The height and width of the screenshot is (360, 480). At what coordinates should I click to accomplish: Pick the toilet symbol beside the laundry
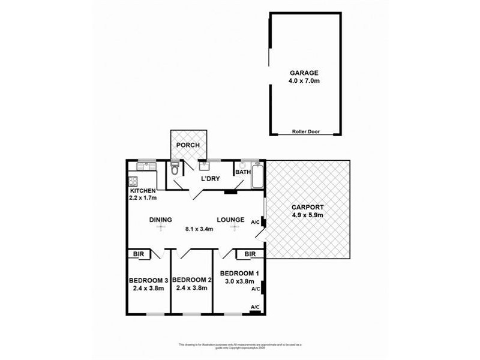tap(175, 170)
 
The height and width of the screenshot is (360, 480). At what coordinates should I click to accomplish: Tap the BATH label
tap(243, 172)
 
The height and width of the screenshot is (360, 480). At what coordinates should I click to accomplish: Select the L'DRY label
tap(209, 179)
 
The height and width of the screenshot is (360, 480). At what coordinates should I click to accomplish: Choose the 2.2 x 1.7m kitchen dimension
tap(143, 197)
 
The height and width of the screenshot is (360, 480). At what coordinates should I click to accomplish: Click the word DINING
tap(161, 220)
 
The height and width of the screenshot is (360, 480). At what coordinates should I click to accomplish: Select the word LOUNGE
tap(230, 220)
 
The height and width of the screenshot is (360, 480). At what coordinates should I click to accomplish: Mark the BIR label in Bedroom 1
tap(250, 254)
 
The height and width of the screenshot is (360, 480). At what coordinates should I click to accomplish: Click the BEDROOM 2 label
tap(192, 280)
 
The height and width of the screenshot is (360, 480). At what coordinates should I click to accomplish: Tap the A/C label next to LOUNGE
tap(255, 223)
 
